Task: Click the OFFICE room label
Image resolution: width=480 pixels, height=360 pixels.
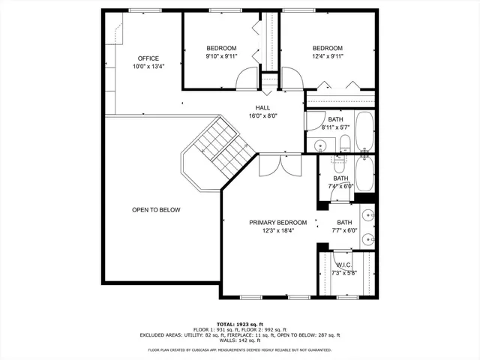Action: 148,58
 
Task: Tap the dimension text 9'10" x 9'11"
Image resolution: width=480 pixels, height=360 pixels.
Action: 221,56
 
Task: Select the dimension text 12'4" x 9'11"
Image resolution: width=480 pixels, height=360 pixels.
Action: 327,56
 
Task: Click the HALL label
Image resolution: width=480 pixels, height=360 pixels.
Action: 262,107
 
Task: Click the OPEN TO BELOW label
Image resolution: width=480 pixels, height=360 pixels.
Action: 156,210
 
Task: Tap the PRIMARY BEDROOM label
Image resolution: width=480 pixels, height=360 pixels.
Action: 278,222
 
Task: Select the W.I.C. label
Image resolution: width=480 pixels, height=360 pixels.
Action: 343,265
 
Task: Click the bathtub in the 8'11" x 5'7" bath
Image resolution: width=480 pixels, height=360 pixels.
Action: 365,132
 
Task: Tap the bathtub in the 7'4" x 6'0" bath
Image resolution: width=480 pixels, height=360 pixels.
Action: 365,172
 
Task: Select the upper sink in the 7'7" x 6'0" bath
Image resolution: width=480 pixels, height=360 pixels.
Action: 367,217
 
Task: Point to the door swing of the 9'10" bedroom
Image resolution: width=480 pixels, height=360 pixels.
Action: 247,80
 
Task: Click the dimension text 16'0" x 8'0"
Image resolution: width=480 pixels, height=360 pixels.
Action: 262,116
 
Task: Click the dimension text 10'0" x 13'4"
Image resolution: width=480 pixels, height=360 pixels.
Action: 148,66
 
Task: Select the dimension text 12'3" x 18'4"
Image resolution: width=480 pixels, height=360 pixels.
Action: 278,231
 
